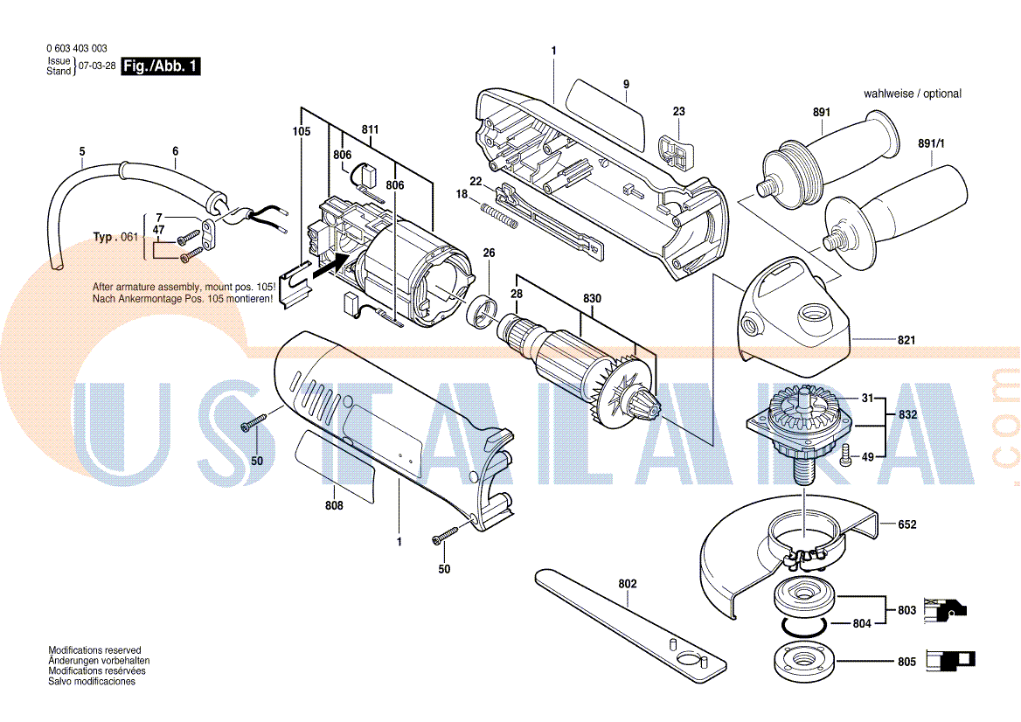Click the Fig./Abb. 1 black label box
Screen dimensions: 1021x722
tap(161, 66)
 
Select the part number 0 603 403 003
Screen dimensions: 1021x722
tap(77, 48)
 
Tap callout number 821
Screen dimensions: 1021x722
tap(906, 340)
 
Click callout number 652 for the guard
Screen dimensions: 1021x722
tap(907, 524)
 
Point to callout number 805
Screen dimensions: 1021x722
tap(907, 662)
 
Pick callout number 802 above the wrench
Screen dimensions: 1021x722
tap(628, 584)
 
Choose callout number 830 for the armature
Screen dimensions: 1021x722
tap(592, 298)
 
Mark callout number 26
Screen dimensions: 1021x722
tap(489, 253)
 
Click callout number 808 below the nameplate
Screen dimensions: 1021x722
tap(334, 505)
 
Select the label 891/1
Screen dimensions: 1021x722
tap(932, 143)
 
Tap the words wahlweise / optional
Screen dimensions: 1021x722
tap(913, 94)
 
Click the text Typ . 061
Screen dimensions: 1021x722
tap(116, 237)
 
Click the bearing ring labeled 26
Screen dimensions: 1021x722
tap(483, 313)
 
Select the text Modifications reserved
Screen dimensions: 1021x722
tap(94, 649)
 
